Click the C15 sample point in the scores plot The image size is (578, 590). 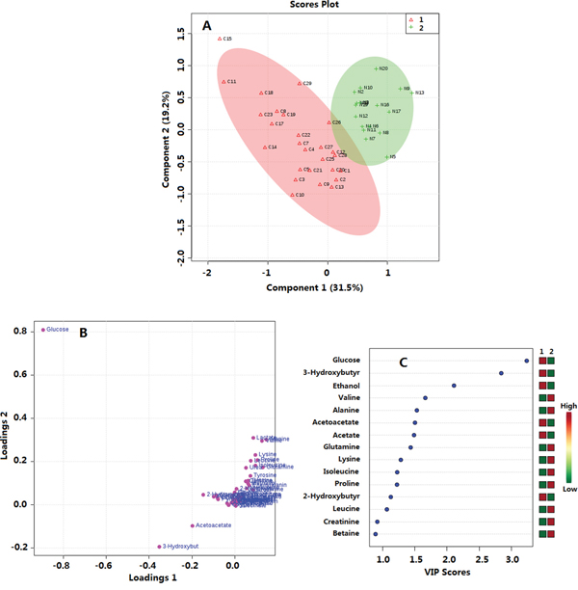point(220,39)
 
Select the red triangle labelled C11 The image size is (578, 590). point(223,82)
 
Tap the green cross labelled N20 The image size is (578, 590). point(376,69)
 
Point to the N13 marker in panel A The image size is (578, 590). point(412,93)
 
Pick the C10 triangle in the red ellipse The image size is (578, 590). point(293,195)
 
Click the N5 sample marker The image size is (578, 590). point(384,157)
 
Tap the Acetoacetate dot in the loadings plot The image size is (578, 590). point(191,526)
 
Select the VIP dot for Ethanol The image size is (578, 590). point(454,386)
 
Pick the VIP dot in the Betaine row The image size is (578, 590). point(375,533)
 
